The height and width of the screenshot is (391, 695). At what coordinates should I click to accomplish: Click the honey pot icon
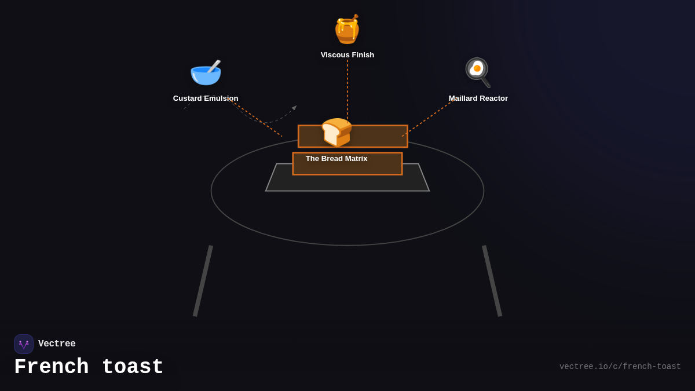coord(347,29)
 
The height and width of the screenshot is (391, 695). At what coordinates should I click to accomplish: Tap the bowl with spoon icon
coord(206,72)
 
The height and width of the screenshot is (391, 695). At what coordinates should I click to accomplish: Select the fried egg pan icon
coord(478,72)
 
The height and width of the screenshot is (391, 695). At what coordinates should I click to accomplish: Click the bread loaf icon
coord(336,132)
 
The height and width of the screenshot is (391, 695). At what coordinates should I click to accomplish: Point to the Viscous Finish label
coord(348,55)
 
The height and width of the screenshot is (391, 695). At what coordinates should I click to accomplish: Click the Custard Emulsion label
coord(206,98)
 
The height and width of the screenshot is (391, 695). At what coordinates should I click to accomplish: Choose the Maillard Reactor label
coord(478,98)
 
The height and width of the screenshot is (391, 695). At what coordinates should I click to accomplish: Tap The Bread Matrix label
coord(336,159)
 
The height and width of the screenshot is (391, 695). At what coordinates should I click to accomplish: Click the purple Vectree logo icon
coord(24,344)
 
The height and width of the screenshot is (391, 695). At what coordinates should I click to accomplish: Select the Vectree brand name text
coord(57,344)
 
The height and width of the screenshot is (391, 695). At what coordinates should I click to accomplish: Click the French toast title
coord(89,367)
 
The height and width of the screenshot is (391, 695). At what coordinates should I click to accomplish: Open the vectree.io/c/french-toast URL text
coord(620,367)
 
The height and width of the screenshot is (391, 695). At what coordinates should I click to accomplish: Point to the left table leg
coord(203,281)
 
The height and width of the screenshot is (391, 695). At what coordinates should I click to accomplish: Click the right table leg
coord(492,281)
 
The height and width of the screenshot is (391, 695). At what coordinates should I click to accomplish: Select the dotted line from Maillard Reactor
coord(427,119)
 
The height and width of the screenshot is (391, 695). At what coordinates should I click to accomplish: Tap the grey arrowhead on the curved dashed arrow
coord(294,108)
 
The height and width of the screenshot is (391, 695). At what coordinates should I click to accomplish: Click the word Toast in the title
coord(133,367)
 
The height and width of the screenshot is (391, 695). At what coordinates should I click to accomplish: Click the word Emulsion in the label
coord(220,98)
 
